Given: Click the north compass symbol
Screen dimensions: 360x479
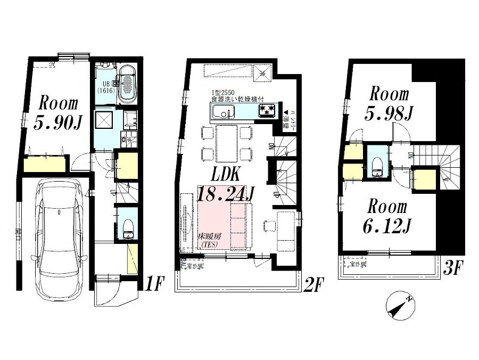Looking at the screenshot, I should pos(400,307).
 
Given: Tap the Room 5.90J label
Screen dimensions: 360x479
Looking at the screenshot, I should pos(57,113).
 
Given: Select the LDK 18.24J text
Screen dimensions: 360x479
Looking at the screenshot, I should pos(224,184).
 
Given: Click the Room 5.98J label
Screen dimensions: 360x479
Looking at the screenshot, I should pos(390,103).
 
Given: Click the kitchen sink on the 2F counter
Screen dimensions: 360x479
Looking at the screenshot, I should pos(221,112).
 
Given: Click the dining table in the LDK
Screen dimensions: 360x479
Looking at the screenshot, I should pos(226,143).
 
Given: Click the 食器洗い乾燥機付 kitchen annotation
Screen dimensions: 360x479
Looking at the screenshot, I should pos(236,100).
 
